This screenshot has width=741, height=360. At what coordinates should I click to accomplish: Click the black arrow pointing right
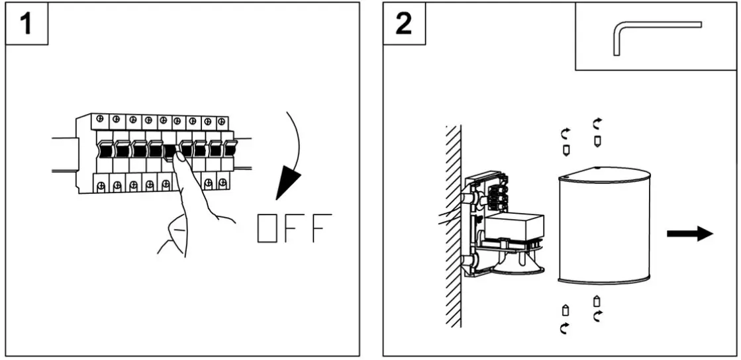click(x=689, y=234)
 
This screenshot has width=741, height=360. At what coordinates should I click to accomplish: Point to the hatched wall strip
click(x=453, y=225)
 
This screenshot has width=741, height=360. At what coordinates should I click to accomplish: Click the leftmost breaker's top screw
click(x=99, y=119)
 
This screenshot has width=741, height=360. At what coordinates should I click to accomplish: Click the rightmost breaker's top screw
click(x=221, y=120)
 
